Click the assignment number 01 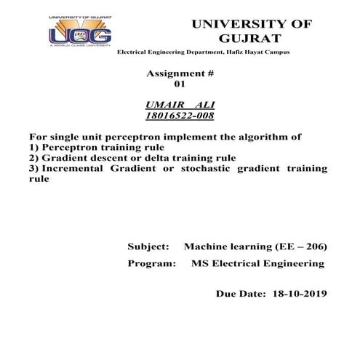click(170, 84)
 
